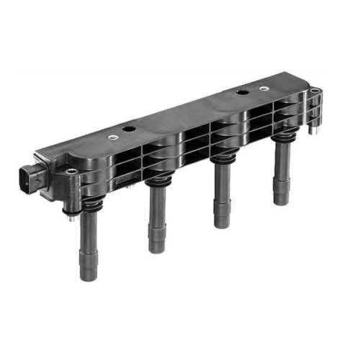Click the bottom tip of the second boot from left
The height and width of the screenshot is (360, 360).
point(158,248)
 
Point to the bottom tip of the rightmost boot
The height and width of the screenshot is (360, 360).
point(281,200)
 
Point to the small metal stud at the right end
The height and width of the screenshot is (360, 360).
point(315,130)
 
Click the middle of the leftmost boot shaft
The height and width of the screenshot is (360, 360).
point(89,241)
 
